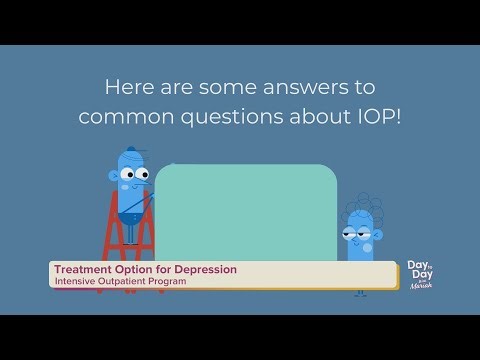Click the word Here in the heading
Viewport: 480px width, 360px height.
(134, 86)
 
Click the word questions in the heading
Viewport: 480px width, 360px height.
(239, 116)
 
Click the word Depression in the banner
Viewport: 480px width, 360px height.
(201, 270)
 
